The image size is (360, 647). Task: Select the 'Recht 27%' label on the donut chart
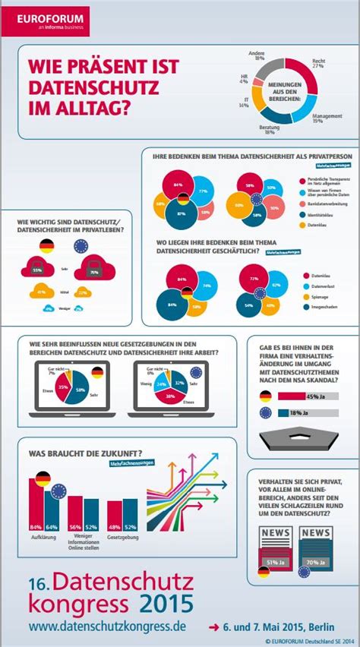317,63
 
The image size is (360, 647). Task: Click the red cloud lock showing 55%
36,267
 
